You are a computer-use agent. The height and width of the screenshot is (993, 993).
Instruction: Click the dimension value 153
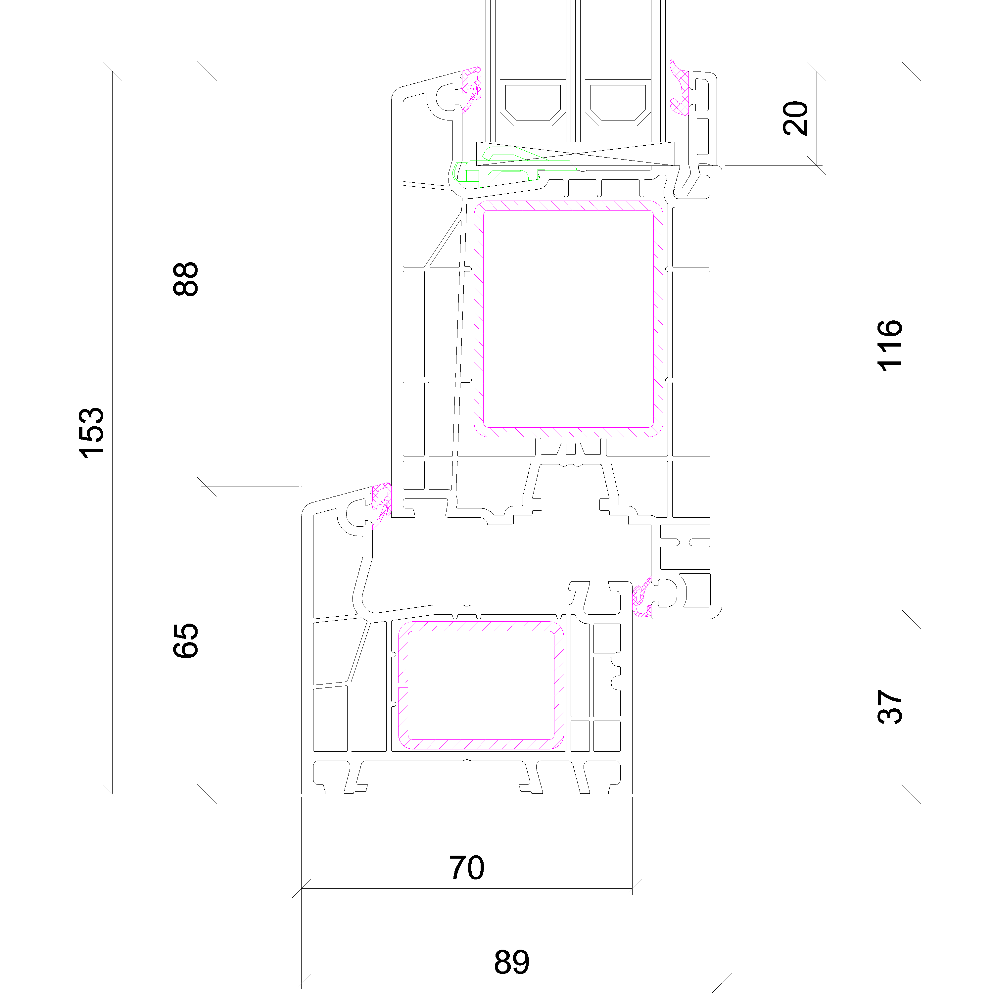click(91, 432)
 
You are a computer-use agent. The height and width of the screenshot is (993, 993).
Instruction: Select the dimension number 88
click(186, 279)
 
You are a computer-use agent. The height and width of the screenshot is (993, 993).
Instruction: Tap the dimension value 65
click(186, 640)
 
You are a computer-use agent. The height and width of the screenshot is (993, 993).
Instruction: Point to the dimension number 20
click(795, 118)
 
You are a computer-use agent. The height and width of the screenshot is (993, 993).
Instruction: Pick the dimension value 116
click(890, 345)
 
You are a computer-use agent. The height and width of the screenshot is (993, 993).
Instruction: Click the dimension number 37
click(890, 707)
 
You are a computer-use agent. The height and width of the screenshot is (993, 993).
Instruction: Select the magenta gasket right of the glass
click(680, 87)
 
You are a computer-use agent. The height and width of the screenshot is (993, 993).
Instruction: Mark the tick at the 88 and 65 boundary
click(207, 487)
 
